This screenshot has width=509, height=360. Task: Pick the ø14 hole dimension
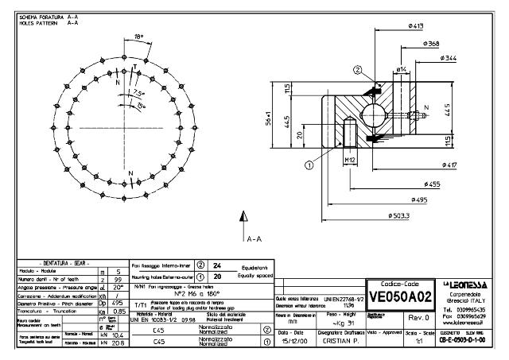[x=402, y=70]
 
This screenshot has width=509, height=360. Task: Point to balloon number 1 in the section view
[x=308, y=166]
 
